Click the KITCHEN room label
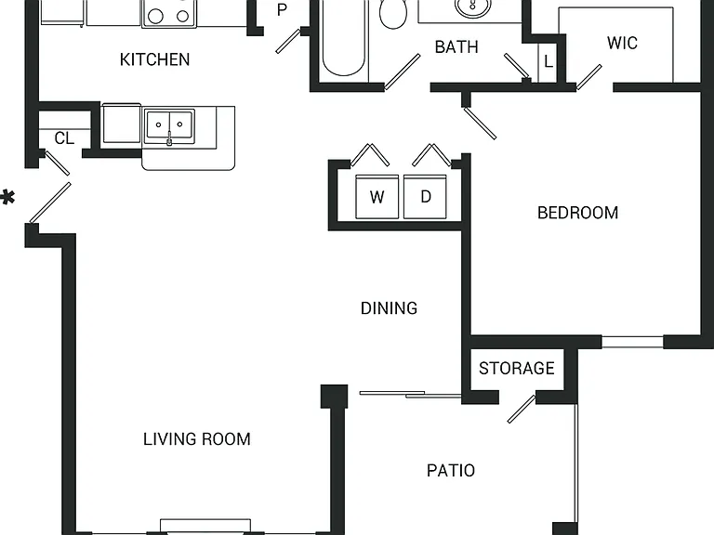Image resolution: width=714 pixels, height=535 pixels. pyautogui.click(x=155, y=59)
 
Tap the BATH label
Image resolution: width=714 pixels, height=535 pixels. pyautogui.click(x=456, y=46)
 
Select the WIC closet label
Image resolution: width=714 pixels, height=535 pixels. pyautogui.click(x=622, y=44)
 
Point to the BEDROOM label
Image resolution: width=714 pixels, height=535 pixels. pyautogui.click(x=578, y=213)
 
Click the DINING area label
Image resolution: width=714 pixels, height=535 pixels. pyautogui.click(x=389, y=308)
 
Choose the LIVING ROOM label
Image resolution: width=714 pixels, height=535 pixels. pyautogui.click(x=197, y=439)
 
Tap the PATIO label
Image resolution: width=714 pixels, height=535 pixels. pyautogui.click(x=451, y=470)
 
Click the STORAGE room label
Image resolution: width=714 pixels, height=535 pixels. pyautogui.click(x=517, y=368)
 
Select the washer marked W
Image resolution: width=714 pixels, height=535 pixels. pyautogui.click(x=377, y=197)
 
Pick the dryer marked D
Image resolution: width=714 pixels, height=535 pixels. pyautogui.click(x=425, y=197)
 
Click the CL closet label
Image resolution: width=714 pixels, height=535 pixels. pyautogui.click(x=64, y=138)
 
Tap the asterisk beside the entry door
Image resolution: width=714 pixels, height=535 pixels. pyautogui.click(x=7, y=199)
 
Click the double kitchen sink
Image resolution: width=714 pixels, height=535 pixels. pyautogui.click(x=169, y=125)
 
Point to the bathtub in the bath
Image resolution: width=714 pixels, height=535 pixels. pyautogui.click(x=343, y=39)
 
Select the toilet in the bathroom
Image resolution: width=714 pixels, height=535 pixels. pyautogui.click(x=393, y=13)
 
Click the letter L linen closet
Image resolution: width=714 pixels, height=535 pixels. pyautogui.click(x=549, y=61)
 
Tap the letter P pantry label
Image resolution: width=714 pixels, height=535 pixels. pyautogui.click(x=283, y=10)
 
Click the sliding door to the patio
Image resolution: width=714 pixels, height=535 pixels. pyautogui.click(x=410, y=395)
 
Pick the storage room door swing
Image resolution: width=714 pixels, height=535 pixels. pyautogui.click(x=522, y=409)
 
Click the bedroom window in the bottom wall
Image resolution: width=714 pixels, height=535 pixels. pyautogui.click(x=632, y=342)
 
